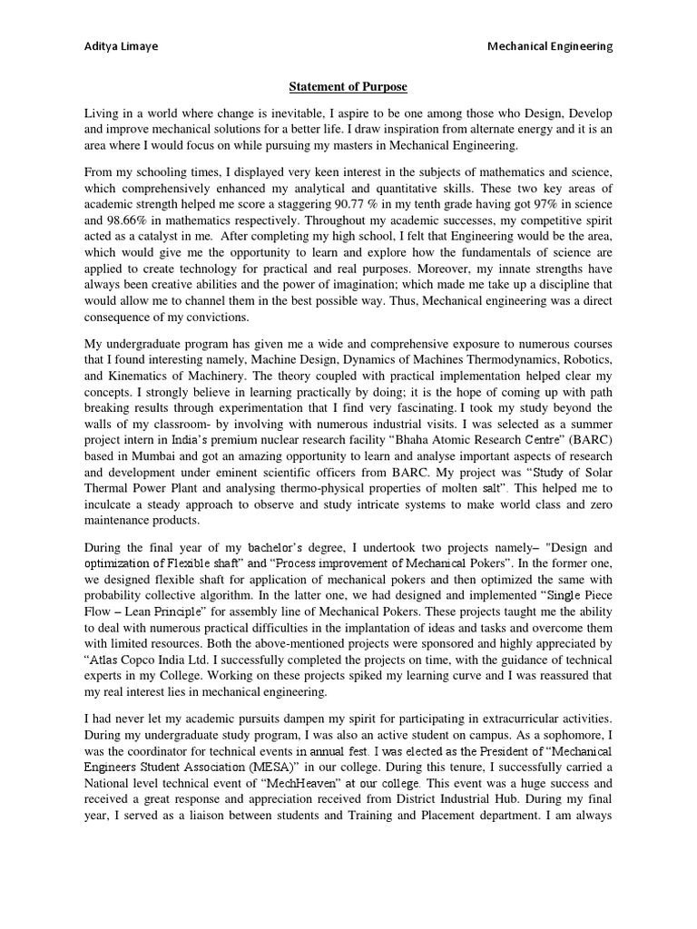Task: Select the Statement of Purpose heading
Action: (348, 87)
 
